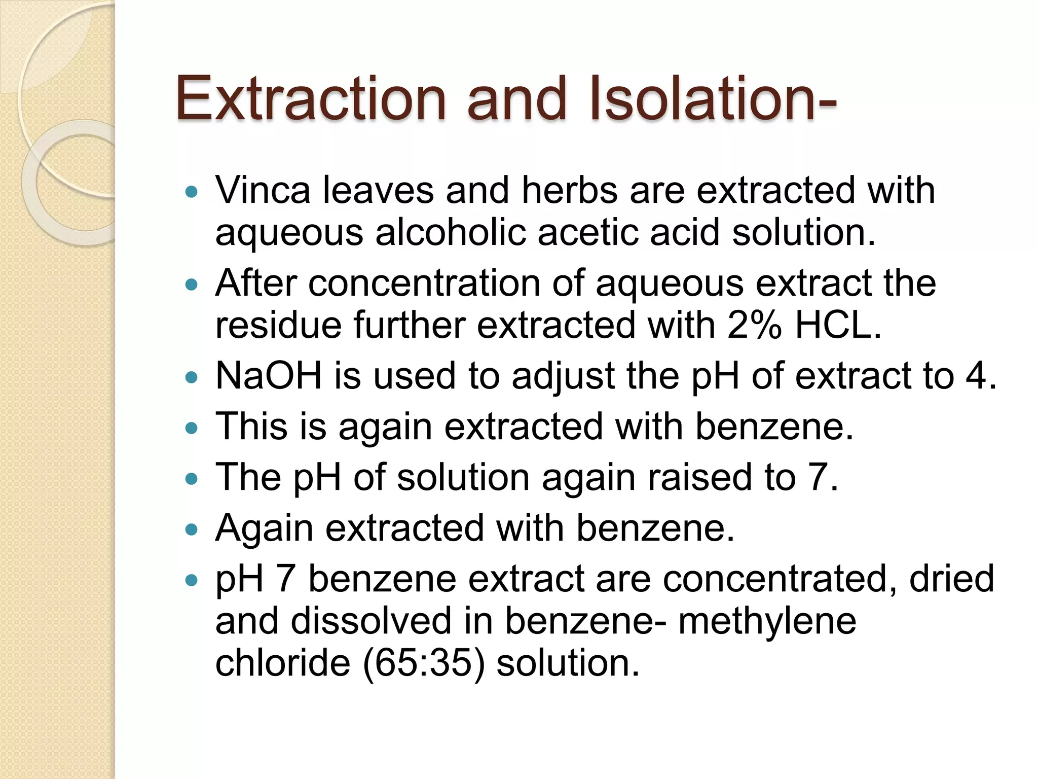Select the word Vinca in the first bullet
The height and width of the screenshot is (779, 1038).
coord(263,190)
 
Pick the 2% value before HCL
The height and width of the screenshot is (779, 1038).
coord(755,325)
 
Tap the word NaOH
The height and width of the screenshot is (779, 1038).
coord(269,376)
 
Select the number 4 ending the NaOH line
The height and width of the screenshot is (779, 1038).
coord(976,376)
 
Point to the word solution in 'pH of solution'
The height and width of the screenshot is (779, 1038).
coord(463,477)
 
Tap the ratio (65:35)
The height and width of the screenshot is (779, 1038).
coord(424,663)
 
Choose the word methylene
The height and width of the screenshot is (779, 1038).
coord(767,622)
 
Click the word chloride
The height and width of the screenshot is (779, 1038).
coord(283,663)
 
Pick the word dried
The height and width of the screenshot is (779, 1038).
coord(951,579)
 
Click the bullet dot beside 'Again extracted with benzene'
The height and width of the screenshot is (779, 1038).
coord(191,530)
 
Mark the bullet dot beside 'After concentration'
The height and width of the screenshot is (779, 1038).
coord(191,285)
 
